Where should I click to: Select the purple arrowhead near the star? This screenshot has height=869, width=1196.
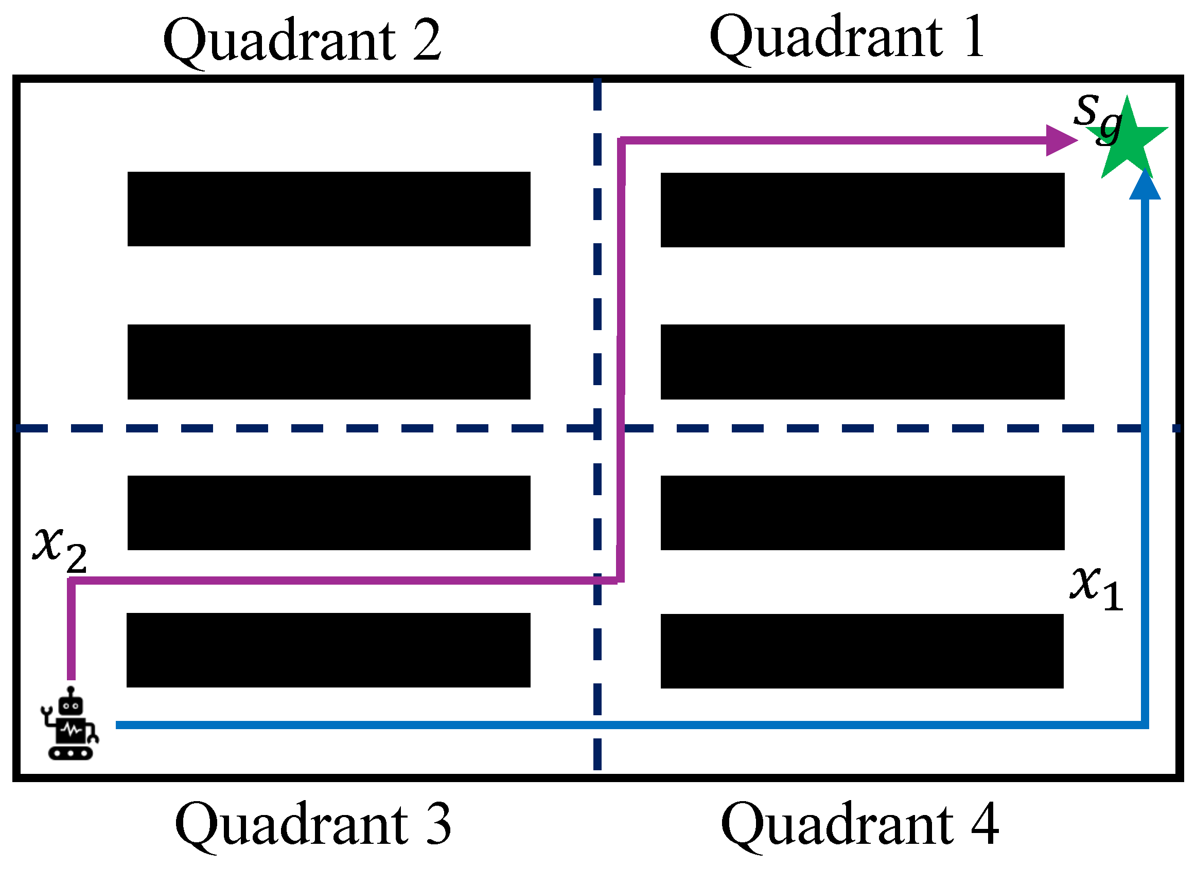(x=1061, y=140)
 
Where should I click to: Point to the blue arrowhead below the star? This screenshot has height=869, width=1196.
(x=1145, y=186)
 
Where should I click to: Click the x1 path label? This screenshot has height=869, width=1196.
(x=1097, y=589)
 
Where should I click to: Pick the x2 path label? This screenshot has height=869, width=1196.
(x=60, y=549)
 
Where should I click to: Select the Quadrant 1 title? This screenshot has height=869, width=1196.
(x=847, y=38)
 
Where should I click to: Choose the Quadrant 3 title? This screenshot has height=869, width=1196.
(x=313, y=825)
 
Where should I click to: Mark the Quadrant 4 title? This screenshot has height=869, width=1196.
(x=859, y=825)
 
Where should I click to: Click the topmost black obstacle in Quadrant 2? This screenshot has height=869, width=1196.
(x=328, y=209)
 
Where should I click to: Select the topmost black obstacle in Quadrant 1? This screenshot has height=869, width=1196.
(x=862, y=210)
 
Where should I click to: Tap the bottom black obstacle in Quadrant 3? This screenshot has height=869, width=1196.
(x=328, y=650)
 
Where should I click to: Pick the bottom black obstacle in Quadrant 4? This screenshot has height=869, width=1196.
(x=861, y=651)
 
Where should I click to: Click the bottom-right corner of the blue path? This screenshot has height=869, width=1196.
(x=1145, y=725)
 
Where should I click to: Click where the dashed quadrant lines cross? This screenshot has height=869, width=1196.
(x=597, y=428)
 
